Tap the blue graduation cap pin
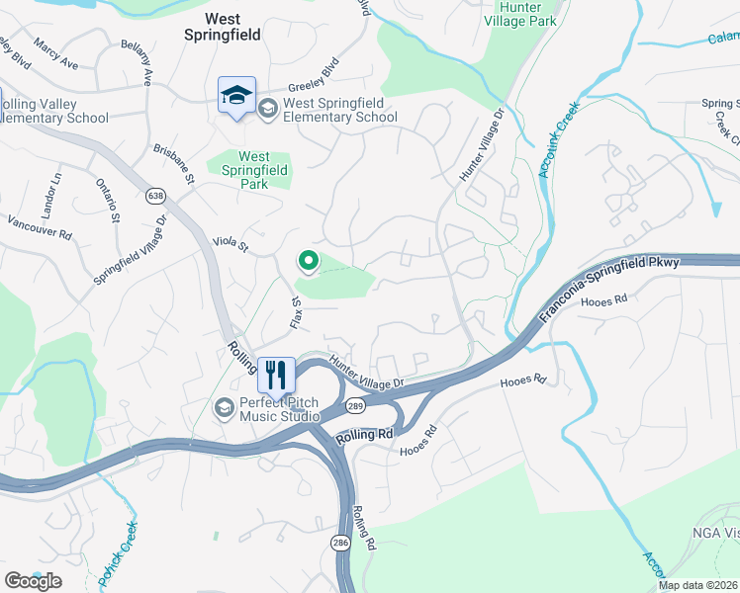pyautogui.click(x=236, y=96)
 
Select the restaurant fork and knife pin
pyautogui.click(x=276, y=375)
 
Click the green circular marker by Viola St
pyautogui.click(x=308, y=262)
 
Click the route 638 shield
pyautogui.click(x=155, y=195)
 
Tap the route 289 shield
pyautogui.click(x=355, y=404)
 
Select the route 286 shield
pyautogui.click(x=340, y=543)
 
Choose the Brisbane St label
pyautogui.click(x=174, y=164)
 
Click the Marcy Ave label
pyautogui.click(x=55, y=54)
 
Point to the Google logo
pyautogui.click(x=33, y=581)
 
